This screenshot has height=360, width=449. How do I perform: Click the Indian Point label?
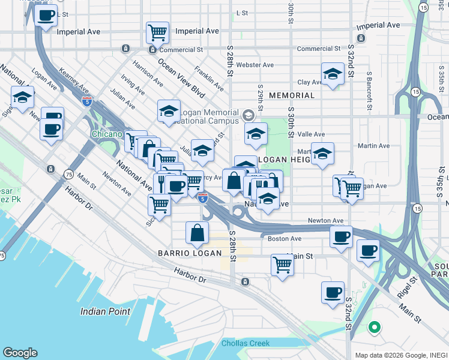(x=106, y=311)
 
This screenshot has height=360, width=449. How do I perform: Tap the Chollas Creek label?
(x=246, y=344)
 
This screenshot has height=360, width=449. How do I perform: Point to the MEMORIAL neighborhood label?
(x=292, y=95)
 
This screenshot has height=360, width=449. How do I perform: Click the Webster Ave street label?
(x=255, y=65)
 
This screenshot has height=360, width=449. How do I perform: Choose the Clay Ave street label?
(x=310, y=82)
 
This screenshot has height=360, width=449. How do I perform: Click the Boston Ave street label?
(x=285, y=238)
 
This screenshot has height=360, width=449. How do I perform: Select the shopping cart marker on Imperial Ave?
(x=157, y=31)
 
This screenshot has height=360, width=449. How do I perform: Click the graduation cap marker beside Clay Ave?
(x=333, y=73)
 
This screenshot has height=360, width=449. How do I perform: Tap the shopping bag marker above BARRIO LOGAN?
(x=197, y=232)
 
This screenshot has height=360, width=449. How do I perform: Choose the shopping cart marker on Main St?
(x=282, y=263)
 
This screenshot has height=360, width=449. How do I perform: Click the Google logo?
(x=20, y=353)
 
